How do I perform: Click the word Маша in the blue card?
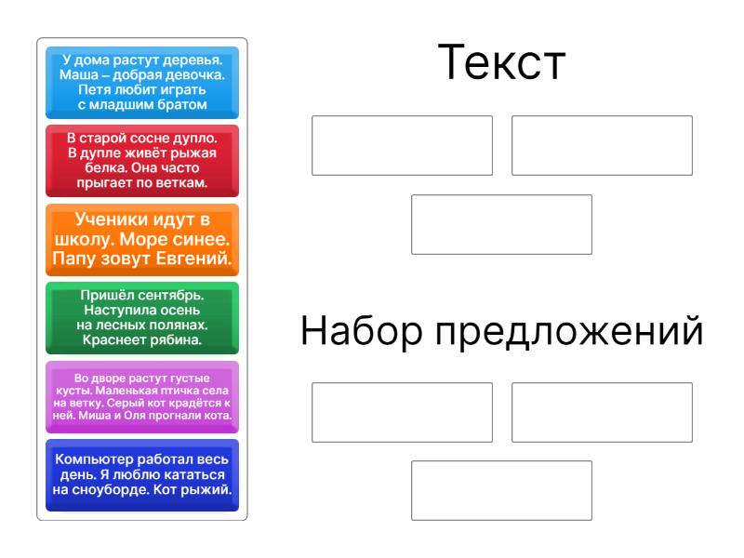79,75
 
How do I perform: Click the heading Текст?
501,62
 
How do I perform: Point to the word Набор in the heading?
362,330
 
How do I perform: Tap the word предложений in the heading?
569,332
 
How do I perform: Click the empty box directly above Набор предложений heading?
501,224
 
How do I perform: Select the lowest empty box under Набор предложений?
501,490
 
